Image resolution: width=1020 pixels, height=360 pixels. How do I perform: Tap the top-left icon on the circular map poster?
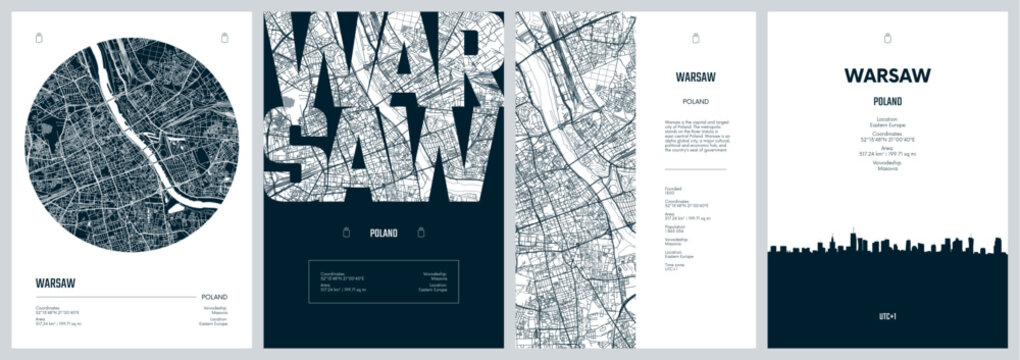39,38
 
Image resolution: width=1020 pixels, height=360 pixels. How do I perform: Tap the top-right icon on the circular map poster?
223,38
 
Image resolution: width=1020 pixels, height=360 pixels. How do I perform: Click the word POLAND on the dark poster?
382,233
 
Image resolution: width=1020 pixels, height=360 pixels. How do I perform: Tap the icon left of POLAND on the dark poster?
345,232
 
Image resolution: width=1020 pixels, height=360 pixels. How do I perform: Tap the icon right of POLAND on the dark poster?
420,232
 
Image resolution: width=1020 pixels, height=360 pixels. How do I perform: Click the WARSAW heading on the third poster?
695,77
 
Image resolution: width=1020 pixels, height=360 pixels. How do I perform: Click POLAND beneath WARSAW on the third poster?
695,100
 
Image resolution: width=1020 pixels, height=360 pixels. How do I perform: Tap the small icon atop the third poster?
695,39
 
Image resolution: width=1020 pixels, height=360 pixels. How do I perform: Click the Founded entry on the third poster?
675,191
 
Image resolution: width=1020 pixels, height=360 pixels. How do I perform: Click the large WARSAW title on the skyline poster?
887,75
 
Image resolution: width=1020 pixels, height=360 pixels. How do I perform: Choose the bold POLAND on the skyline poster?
887,101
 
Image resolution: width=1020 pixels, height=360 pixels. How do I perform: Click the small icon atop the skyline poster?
887,39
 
